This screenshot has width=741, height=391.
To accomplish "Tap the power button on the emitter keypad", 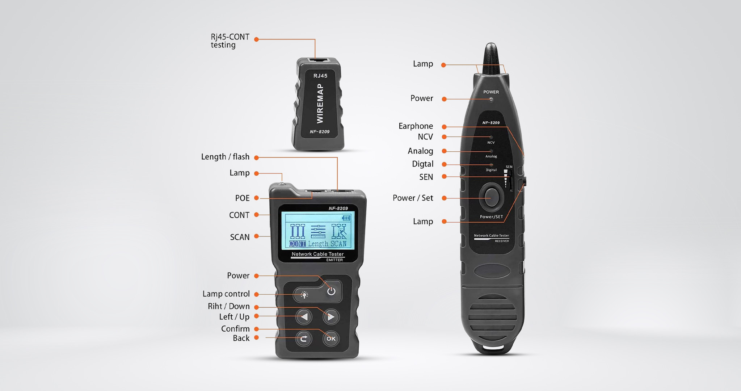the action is pos(331,291).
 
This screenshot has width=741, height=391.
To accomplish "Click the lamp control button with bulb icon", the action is pos(304,295).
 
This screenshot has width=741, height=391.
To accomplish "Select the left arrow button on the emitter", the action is pos(304,317).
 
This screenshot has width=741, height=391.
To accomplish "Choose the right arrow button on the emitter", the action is pos(331,317).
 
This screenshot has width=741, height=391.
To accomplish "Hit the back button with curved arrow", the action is pos(304,339).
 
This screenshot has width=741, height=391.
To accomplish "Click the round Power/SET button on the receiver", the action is pos(491,197).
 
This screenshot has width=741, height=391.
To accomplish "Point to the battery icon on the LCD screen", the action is pos(346,218).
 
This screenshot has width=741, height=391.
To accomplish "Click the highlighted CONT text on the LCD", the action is pos(297,244).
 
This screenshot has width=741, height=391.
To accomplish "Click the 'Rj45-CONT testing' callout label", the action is pos(230,41).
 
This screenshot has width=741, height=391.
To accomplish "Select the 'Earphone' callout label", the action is pos(416,126).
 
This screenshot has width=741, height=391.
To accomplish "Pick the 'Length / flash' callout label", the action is pos(225,157).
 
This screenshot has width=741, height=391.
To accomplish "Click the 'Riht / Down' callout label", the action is pos(228,306).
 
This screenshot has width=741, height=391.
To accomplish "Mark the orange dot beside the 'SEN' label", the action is pos(444,177).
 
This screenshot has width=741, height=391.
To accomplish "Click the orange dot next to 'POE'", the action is pos(256,198).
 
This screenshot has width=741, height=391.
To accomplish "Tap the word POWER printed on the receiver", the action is pos(491,92).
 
